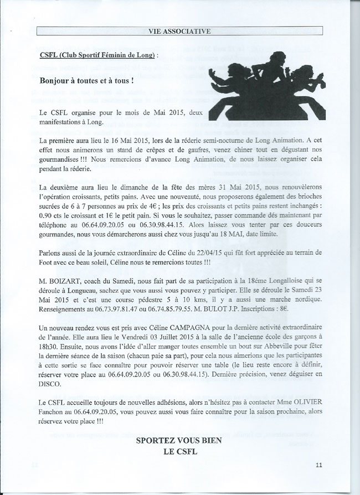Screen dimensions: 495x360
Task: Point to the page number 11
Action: tap(319, 464)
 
